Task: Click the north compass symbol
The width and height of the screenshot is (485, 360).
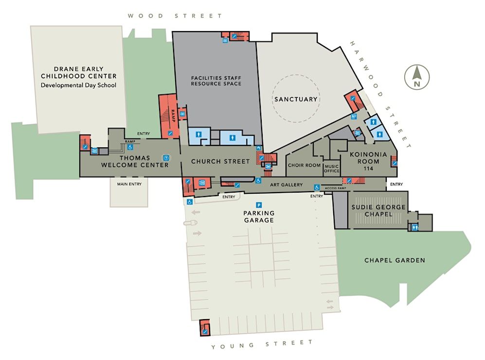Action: (417, 77)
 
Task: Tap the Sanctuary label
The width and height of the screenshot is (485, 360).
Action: (296, 99)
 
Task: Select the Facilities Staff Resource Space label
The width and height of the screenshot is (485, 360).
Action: (216, 81)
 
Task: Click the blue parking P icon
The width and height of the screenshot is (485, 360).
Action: (259, 205)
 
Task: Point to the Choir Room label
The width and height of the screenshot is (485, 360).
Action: (305, 165)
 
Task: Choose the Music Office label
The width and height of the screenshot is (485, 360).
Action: (332, 168)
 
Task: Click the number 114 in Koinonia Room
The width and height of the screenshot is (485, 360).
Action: (368, 168)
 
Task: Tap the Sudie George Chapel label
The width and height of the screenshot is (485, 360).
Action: (378, 211)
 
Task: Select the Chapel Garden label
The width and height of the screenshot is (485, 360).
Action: (395, 260)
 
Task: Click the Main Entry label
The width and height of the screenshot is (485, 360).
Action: (129, 184)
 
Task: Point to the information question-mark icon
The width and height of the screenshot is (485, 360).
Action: (166, 158)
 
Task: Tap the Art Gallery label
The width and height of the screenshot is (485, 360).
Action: (287, 185)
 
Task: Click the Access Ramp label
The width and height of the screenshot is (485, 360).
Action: (336, 188)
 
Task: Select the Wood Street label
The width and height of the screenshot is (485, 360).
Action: (175, 16)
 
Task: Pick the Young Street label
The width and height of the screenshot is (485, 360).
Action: (262, 344)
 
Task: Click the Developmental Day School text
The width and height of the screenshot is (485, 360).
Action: (79, 85)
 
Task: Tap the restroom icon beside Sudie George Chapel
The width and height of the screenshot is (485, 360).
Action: (415, 227)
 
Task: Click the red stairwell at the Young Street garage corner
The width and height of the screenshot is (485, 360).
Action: (204, 327)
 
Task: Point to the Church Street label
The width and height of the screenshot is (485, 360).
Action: (220, 162)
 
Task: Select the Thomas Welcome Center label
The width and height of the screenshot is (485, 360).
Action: (135, 162)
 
